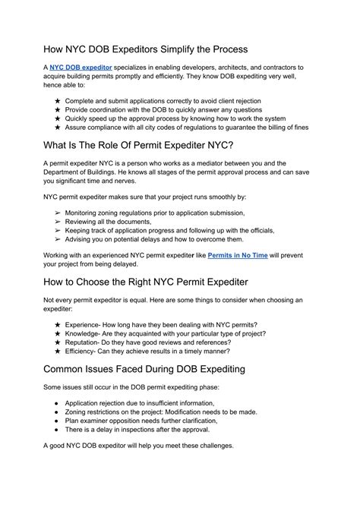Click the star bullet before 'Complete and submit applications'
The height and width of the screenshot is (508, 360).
58,99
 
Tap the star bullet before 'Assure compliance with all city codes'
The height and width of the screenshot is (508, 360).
58,127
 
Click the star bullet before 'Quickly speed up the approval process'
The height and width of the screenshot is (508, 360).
58,118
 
